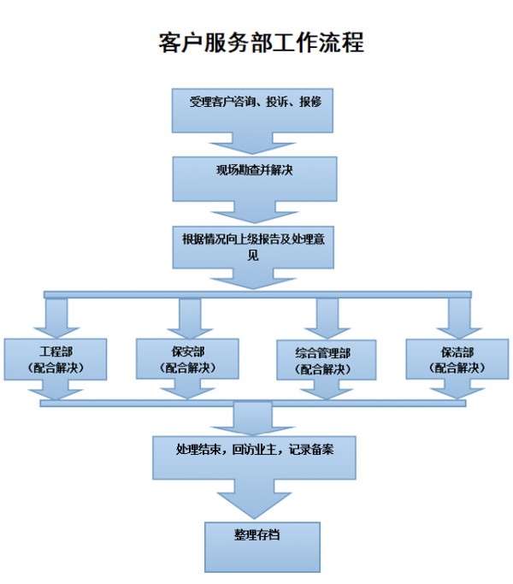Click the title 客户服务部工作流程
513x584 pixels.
262,43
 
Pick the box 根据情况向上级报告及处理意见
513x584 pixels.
255,246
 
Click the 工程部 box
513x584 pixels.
56,359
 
